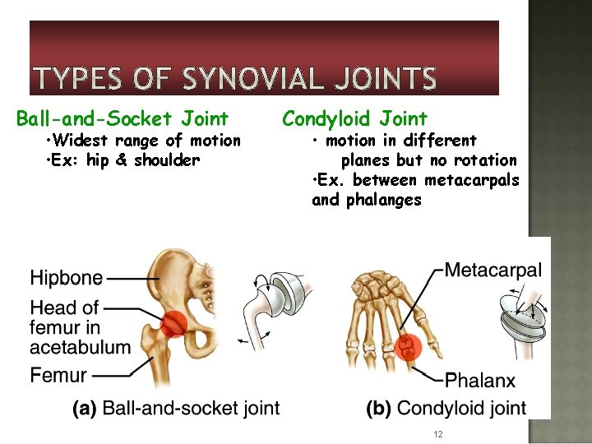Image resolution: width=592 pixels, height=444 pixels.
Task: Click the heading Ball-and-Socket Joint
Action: point(123,119)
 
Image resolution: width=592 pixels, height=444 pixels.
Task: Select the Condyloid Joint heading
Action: point(354,119)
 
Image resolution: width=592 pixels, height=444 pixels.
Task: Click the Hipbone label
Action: point(67,278)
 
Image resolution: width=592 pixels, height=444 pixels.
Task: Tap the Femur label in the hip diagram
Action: point(58,376)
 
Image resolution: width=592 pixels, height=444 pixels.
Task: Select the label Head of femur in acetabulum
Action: point(80,327)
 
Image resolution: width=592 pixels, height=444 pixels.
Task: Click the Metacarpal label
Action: point(493,270)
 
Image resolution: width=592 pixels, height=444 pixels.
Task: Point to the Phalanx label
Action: point(480,380)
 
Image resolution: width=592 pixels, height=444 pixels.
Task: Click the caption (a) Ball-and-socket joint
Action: point(176,408)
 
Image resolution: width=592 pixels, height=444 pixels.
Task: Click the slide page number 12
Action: point(438,434)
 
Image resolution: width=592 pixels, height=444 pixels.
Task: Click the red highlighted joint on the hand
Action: point(405,348)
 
